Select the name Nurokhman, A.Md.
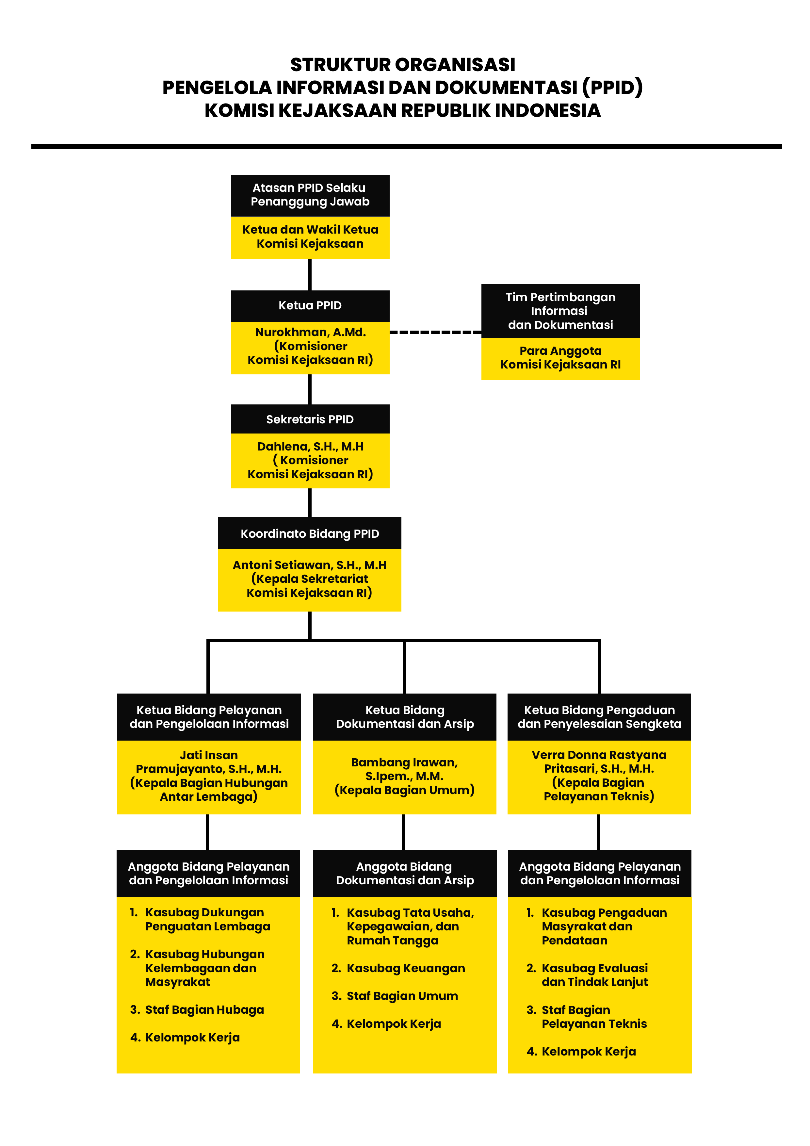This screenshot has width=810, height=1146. pyautogui.click(x=310, y=332)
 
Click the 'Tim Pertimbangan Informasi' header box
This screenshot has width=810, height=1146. pyautogui.click(x=560, y=311)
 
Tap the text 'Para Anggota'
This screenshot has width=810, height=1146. pyautogui.click(x=560, y=351)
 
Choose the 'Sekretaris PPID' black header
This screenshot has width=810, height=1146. pyautogui.click(x=310, y=419)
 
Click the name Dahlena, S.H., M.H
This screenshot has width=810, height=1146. pyautogui.click(x=310, y=446)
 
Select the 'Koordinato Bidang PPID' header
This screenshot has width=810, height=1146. pyautogui.click(x=309, y=533)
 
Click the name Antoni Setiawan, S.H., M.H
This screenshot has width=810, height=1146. pyautogui.click(x=309, y=565)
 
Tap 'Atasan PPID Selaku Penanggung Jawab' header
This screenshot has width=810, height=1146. pyautogui.click(x=310, y=195)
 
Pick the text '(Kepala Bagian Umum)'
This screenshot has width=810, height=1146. pyautogui.click(x=404, y=790)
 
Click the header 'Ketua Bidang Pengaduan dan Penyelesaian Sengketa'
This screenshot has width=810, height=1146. pyautogui.click(x=599, y=717)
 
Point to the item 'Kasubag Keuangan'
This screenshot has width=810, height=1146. pyautogui.click(x=398, y=968)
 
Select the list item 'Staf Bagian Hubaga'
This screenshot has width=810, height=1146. pyautogui.click(x=197, y=1010)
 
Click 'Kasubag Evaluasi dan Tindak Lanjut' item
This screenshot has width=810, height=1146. pyautogui.click(x=587, y=975)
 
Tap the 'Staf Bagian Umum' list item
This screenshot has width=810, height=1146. pyautogui.click(x=395, y=996)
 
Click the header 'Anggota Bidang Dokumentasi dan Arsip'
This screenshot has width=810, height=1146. pyautogui.click(x=405, y=874)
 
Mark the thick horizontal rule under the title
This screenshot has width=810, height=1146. pyautogui.click(x=406, y=147)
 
